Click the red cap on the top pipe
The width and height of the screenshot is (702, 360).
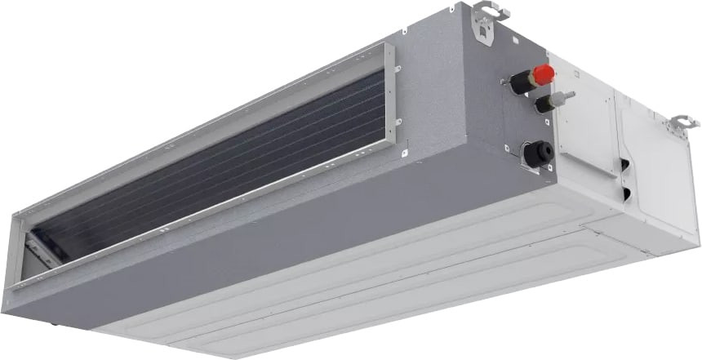click(544, 74)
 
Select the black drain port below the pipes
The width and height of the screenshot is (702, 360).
click(538, 153)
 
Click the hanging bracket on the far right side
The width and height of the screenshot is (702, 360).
click(682, 125)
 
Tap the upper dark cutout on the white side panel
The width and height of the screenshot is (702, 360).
click(624, 165)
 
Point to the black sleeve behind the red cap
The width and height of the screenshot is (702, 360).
click(520, 80)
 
